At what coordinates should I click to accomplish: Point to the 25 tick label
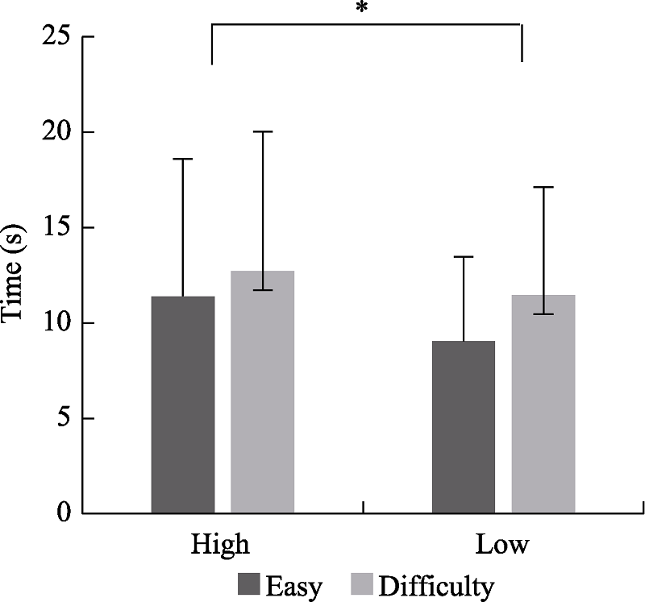[56, 37]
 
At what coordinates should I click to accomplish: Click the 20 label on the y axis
[56, 132]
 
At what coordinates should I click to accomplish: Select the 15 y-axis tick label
[56, 227]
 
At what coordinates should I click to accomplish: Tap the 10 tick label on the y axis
[56, 323]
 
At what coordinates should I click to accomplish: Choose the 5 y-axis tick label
[63, 418]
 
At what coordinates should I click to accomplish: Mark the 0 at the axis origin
[63, 513]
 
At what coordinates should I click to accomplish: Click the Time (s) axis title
[15, 274]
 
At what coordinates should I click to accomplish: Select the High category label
[220, 544]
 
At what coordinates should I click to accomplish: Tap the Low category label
[502, 544]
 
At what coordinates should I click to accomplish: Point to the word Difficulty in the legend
[435, 586]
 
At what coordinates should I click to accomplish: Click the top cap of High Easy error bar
[183, 160]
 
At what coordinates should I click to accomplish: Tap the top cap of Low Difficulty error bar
[543, 187]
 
